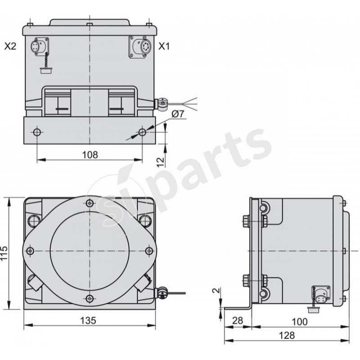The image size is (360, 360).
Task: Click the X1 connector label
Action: (x=164, y=46)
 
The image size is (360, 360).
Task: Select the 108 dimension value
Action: (x=90, y=154)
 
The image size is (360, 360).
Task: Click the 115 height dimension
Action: (x=4, y=254)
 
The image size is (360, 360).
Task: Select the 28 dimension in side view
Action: (x=238, y=321)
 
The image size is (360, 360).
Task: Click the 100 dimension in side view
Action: (x=299, y=321)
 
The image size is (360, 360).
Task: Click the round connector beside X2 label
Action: (x=36, y=46)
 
